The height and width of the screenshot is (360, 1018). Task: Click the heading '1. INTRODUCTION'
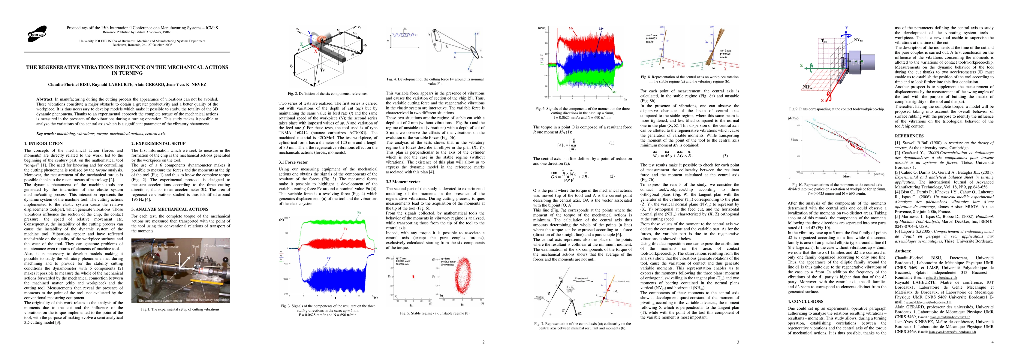tap(44, 143)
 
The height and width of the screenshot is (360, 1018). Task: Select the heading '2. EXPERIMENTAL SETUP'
tap(158, 143)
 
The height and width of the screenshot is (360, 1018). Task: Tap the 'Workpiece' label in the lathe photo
tap(165, 280)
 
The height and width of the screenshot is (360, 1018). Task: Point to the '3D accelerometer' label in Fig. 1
tap(216, 245)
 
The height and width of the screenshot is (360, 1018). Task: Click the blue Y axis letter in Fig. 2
tap(309, 34)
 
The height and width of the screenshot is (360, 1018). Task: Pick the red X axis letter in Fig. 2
tap(316, 51)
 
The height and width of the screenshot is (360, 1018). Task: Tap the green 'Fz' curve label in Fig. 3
tap(359, 213)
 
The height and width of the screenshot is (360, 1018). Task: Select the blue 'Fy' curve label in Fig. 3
tap(328, 258)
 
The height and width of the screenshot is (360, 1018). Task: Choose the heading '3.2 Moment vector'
tap(403, 182)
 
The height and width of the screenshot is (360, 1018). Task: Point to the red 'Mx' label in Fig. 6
tap(571, 29)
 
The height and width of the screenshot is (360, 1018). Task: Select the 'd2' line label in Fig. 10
tap(814, 119)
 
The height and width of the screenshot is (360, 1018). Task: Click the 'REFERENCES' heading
tap(909, 136)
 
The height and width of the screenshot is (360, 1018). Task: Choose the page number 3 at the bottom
tap(738, 342)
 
